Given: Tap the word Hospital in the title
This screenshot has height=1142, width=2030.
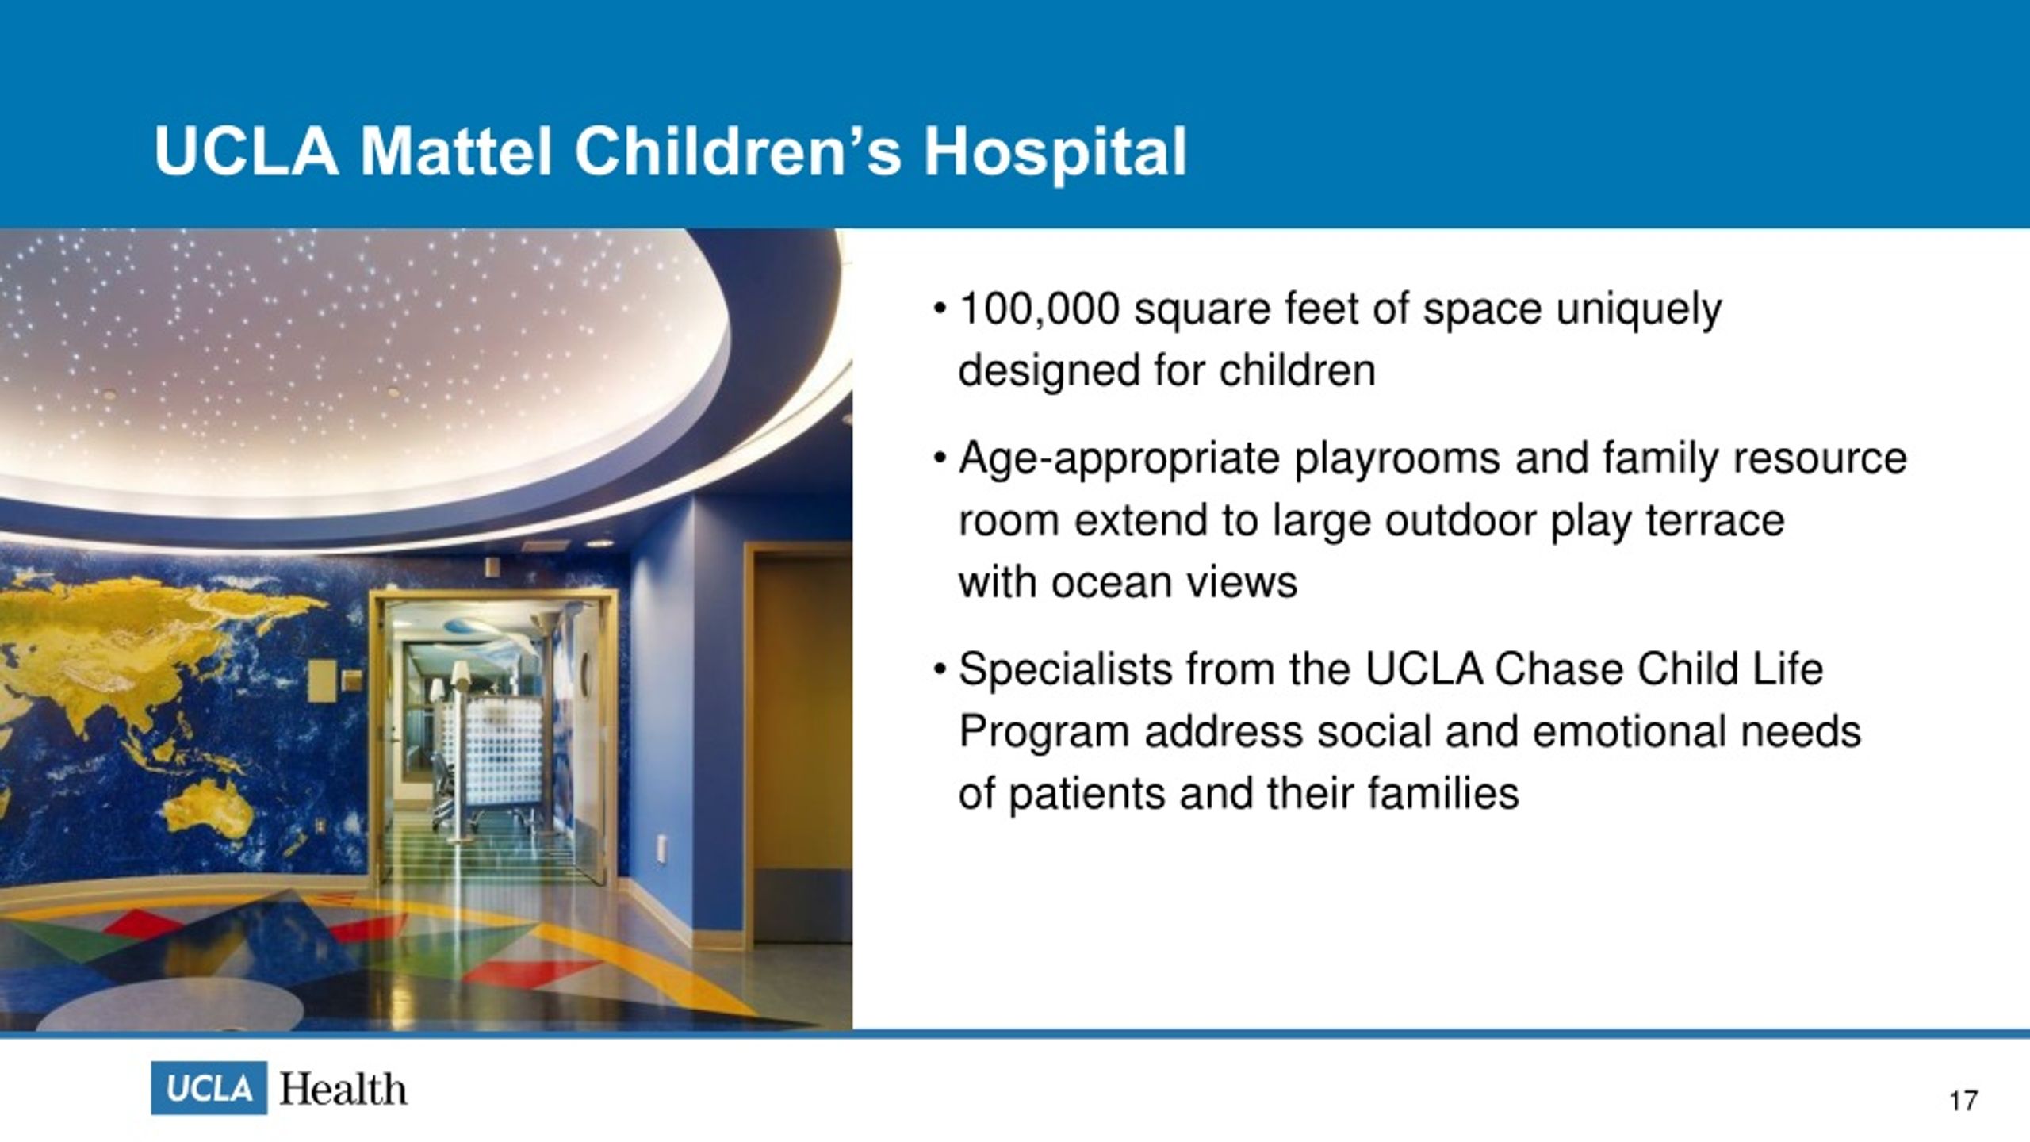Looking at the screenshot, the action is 1055,154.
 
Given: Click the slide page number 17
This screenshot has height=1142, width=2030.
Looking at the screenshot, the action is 1963,1101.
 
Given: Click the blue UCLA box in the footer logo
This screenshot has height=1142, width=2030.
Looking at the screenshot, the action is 209,1088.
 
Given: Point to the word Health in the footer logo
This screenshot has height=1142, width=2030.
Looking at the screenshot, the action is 343,1090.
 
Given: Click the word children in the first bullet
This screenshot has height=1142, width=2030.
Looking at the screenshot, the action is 1297,370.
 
